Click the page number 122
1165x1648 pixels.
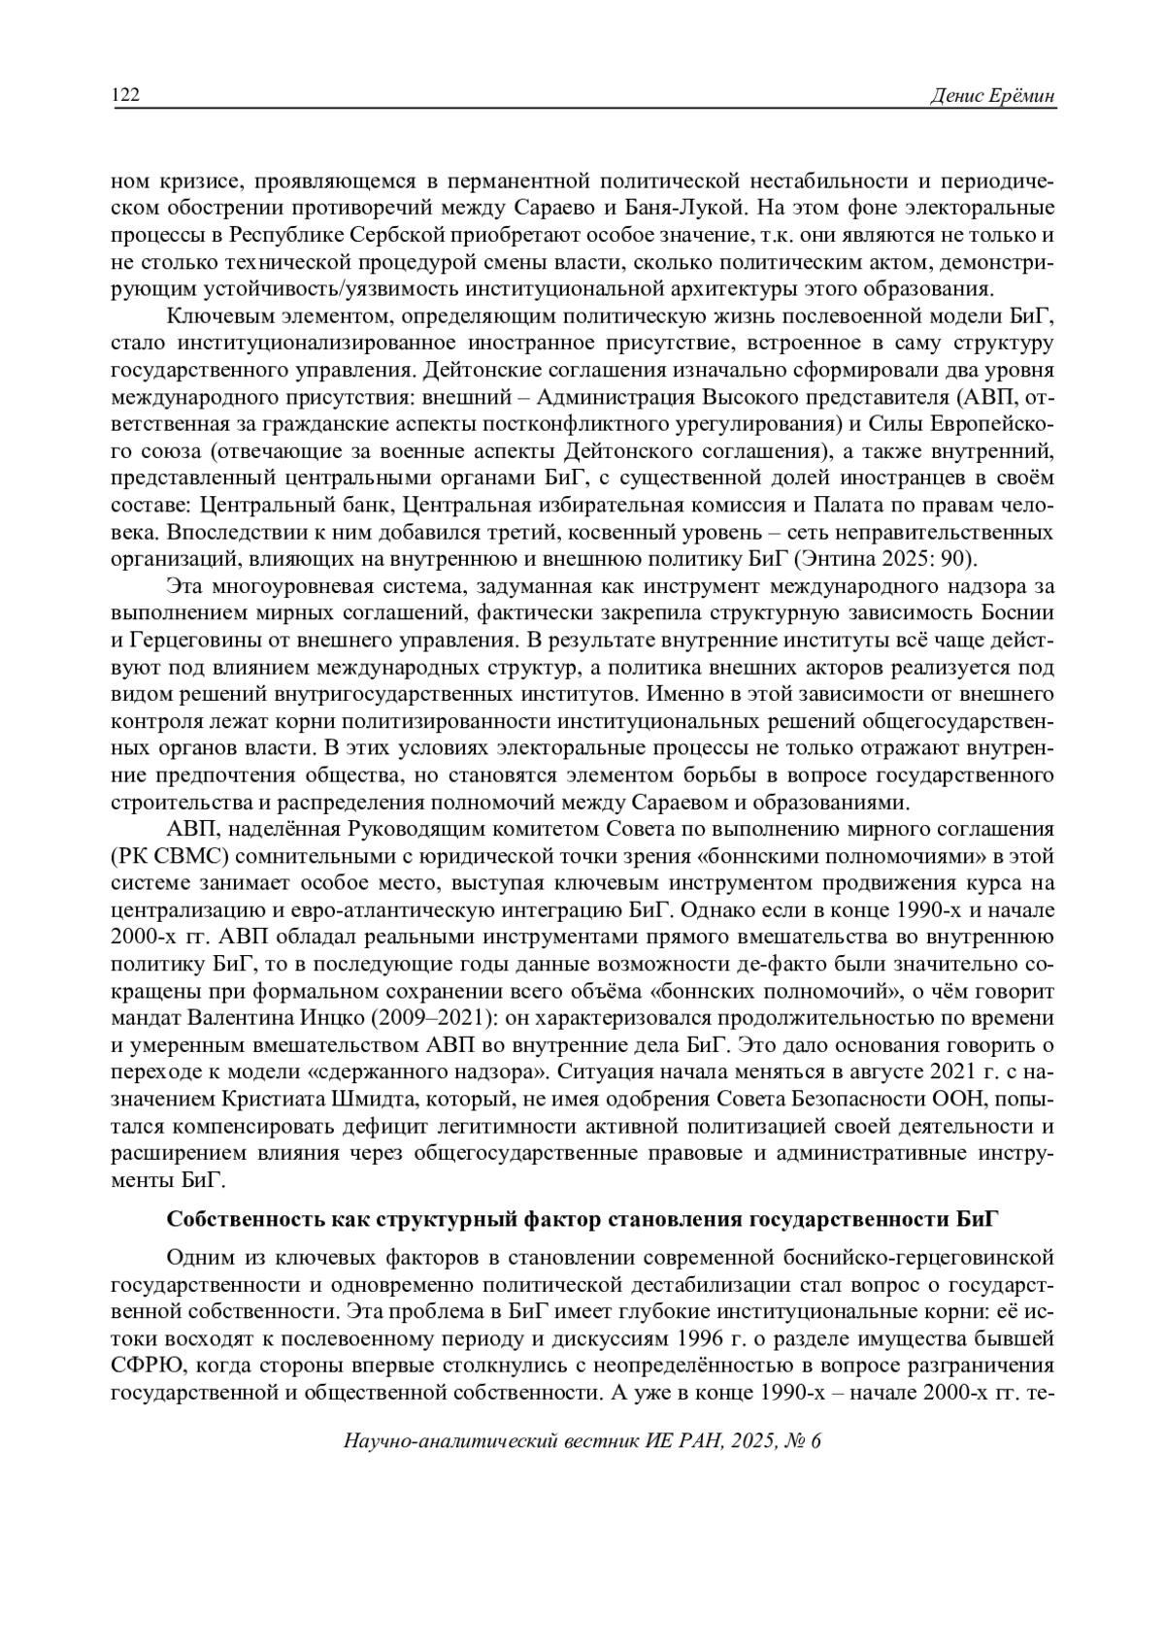(x=126, y=95)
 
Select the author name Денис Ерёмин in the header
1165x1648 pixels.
(x=992, y=95)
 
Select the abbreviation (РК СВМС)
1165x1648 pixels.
(x=171, y=858)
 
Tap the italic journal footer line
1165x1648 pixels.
(x=582, y=1442)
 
